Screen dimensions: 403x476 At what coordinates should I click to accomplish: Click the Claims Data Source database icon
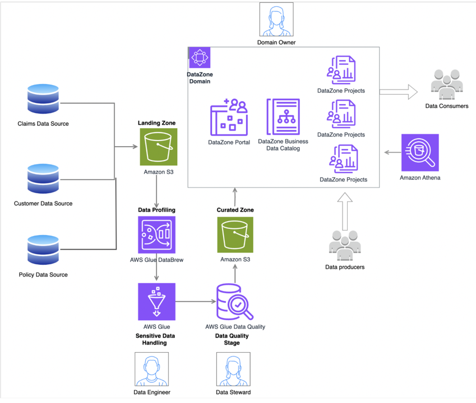coord(43,99)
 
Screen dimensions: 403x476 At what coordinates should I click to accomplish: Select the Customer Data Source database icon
coord(43,179)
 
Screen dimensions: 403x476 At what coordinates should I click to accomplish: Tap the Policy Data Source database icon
coord(43,250)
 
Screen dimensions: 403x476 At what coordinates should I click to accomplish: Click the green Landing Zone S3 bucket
coord(159,147)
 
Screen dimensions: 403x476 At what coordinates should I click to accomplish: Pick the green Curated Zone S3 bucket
coord(235,235)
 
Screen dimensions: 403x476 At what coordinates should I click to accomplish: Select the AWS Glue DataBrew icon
coord(156,235)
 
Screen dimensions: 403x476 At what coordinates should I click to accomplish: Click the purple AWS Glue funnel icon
coord(156,302)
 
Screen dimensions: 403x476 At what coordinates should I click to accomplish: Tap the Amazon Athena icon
coord(420,152)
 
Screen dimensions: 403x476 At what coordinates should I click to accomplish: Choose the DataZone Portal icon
coord(229,118)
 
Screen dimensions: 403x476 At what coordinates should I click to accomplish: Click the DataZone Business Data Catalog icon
coord(283,116)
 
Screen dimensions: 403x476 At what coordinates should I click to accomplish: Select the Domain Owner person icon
coord(276,20)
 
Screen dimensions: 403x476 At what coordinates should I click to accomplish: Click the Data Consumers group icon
coord(447,85)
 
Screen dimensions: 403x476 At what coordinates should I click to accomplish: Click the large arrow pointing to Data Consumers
coord(399,92)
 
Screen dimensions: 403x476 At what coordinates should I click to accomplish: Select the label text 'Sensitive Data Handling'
coord(155,339)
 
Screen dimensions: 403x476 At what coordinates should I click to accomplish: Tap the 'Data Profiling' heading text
coord(156,210)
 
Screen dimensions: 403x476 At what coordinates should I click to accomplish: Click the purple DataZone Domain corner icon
coord(199,58)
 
